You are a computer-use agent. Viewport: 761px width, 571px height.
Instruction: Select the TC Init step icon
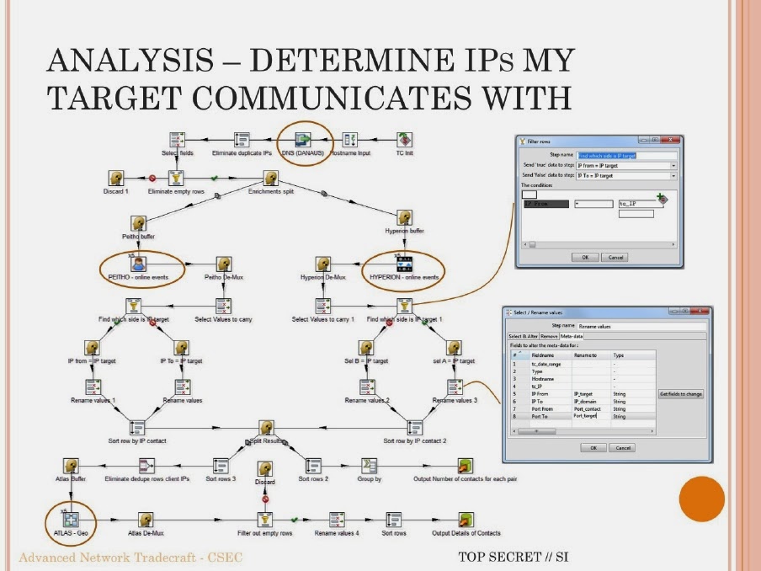tap(404, 140)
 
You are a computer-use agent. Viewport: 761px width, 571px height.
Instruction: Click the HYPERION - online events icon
tap(404, 264)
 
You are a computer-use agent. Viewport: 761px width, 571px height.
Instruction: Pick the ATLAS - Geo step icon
tap(70, 520)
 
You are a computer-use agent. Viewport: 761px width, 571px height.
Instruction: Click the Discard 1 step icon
tap(116, 178)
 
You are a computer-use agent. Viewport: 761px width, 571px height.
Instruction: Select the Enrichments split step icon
tap(270, 178)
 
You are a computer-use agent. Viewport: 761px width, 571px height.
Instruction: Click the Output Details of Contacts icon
tap(465, 520)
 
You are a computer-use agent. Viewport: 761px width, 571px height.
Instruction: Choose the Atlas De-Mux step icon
tap(146, 520)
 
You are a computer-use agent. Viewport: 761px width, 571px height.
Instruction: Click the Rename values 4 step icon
tap(337, 520)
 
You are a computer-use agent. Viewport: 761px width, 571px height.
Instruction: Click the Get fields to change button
tap(681, 394)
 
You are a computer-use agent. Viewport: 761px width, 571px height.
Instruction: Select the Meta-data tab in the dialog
tap(572, 336)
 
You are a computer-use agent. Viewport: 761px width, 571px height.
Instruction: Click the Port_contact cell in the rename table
tap(588, 408)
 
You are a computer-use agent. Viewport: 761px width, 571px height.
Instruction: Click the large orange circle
tap(701, 499)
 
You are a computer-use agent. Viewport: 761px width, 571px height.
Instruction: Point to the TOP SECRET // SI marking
tap(514, 557)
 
